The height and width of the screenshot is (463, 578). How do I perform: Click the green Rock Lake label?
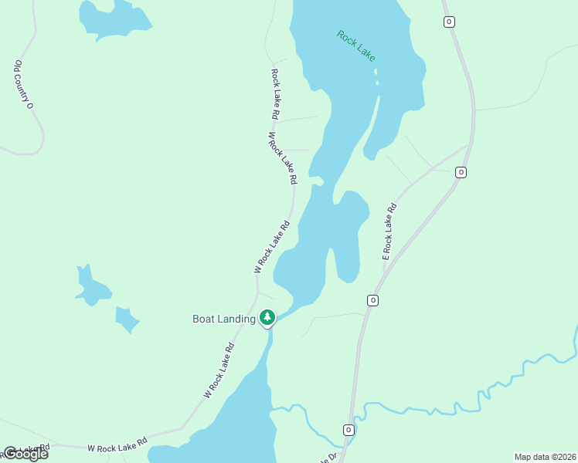coord(356,46)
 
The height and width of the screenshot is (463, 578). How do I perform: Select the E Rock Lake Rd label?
coord(389,231)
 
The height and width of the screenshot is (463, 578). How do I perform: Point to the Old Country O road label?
coord(23,83)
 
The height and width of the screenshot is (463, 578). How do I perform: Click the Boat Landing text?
coord(224,319)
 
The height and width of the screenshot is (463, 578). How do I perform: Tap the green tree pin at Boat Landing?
coord(267,317)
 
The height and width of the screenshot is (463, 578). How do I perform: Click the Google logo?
coord(25,454)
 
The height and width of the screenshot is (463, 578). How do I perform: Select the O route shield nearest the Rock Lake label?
coord(449,22)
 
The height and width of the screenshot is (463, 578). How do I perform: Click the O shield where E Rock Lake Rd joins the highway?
coord(461,172)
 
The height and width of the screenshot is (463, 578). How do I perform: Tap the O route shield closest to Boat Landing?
coord(372,300)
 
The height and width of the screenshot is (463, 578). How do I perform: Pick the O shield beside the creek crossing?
coord(348,430)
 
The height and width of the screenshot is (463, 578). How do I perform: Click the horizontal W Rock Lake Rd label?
coord(117,447)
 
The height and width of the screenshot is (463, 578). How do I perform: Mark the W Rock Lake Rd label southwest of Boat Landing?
coord(219,371)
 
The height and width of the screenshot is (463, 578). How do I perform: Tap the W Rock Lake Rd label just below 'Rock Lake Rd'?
coord(282,157)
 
